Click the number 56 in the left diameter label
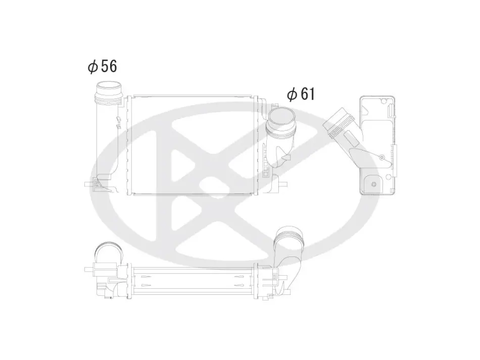click(x=109, y=66)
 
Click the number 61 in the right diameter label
click(x=308, y=94)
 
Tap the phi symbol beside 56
click(x=92, y=67)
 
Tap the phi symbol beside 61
click(x=292, y=94)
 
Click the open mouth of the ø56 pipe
click(x=109, y=86)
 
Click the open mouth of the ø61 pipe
click(x=282, y=118)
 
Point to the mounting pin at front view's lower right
click(x=283, y=184)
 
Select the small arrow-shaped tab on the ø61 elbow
click(x=286, y=157)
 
